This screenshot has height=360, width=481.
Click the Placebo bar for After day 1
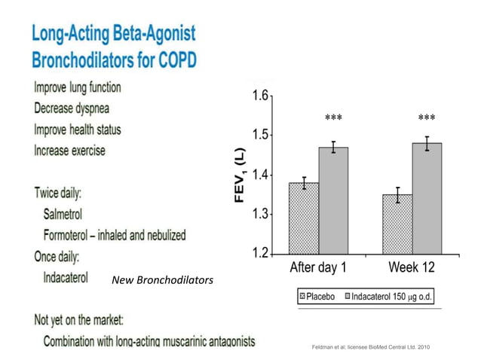coord(304,218)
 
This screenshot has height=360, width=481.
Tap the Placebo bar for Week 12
coord(397,224)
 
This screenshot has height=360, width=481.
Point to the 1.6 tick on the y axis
coord(260,96)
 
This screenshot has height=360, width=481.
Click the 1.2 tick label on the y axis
coord(260,252)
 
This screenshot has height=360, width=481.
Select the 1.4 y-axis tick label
coord(260,175)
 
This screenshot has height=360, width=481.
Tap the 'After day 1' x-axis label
coord(319,267)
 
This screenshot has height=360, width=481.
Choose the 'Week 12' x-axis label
coord(412,267)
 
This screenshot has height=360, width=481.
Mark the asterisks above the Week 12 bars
coord(427,118)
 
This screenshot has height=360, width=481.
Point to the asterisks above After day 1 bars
coord(333,118)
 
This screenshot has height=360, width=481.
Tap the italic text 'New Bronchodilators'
coord(162,280)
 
